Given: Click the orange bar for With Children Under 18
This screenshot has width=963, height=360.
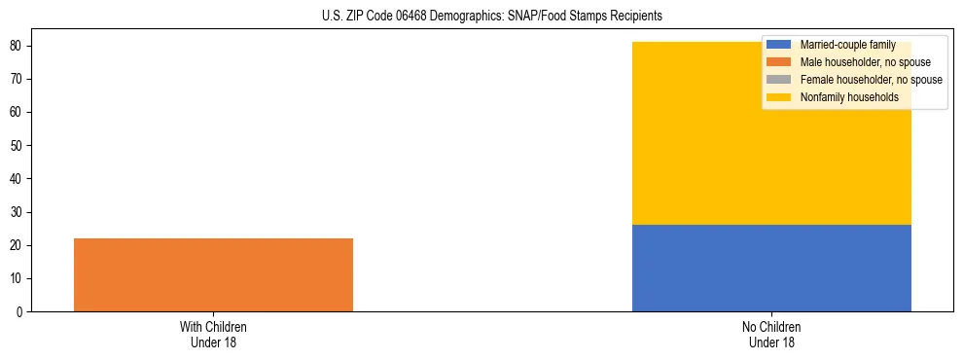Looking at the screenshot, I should pyautogui.click(x=213, y=274).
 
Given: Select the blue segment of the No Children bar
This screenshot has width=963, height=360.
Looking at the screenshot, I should pyautogui.click(x=771, y=268).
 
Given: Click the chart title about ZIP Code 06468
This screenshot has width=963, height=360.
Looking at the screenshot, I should pyautogui.click(x=491, y=17).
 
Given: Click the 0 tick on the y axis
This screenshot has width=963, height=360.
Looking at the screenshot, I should pyautogui.click(x=19, y=311).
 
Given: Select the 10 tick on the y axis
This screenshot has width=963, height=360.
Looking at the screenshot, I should pyautogui.click(x=17, y=278).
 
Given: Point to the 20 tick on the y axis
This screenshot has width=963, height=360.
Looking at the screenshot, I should pyautogui.click(x=17, y=245).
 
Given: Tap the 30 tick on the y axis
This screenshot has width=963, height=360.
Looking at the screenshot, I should pyautogui.click(x=17, y=212).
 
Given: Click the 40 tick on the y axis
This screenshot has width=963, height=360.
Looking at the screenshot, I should pyautogui.click(x=17, y=179).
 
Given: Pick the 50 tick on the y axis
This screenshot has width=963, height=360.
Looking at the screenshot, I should pyautogui.click(x=17, y=146).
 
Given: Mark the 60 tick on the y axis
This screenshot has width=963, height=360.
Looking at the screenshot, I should pyautogui.click(x=17, y=112).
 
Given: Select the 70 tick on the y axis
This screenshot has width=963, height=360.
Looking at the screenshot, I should pyautogui.click(x=17, y=79).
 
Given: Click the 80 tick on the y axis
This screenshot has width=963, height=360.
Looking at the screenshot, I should pyautogui.click(x=17, y=46).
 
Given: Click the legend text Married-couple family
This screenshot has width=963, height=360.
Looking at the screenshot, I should pyautogui.click(x=846, y=45).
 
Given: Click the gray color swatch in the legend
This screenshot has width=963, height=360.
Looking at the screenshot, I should pyautogui.click(x=779, y=80).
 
